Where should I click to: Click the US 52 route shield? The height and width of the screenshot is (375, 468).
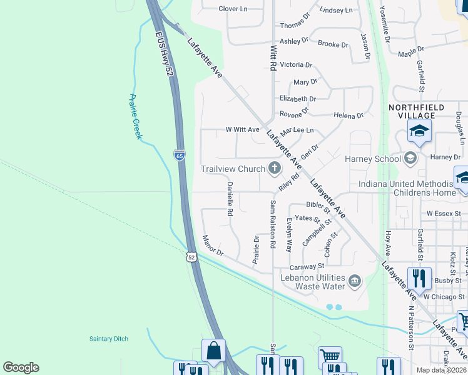[191, 257]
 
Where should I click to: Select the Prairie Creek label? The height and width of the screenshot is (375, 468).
[135, 116]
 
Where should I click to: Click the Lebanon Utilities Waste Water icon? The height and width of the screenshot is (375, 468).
[355, 279]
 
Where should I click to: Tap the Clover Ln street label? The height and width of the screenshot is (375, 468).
[233, 9]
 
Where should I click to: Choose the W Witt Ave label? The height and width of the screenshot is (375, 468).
[242, 130]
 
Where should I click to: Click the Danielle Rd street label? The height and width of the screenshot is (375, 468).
[230, 199]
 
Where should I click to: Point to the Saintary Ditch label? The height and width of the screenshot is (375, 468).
[108, 339]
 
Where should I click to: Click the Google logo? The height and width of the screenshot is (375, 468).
[21, 367]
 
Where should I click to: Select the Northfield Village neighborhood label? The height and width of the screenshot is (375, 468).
[417, 111]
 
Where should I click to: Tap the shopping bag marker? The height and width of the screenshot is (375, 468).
[213, 351]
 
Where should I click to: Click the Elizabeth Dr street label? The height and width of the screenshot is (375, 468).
[297, 99]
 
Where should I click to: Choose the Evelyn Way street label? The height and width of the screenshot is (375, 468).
[288, 236]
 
